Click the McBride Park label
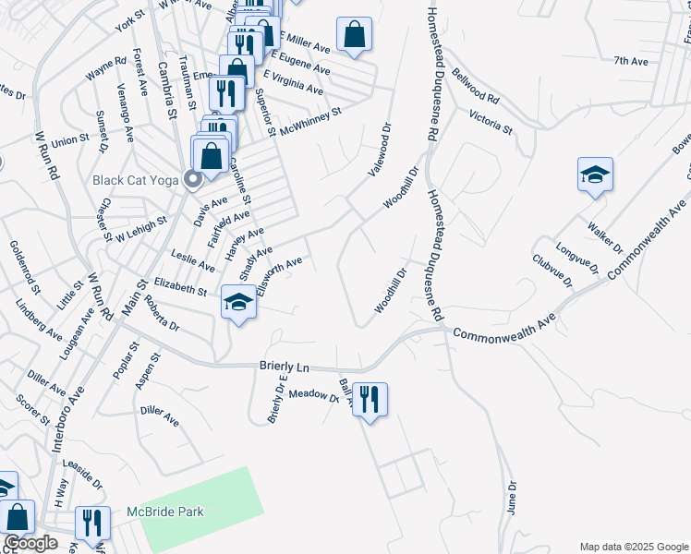click(165, 512)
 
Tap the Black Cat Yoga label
click(136, 179)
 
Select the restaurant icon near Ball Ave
click(370, 399)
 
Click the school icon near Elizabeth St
click(238, 303)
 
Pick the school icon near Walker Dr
click(595, 174)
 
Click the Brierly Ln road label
click(281, 367)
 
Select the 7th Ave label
click(631, 61)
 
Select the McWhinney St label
click(310, 121)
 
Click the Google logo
click(31, 543)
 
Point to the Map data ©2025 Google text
click(634, 547)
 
